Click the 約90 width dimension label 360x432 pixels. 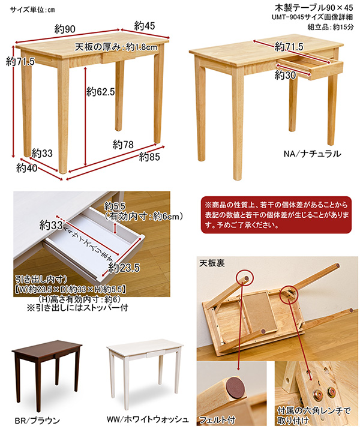tap(65, 29)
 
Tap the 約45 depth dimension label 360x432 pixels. tap(145, 26)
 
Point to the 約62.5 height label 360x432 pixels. tap(101, 91)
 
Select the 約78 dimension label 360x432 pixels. tap(123, 145)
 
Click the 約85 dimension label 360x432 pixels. tap(149, 157)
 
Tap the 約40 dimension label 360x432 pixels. tap(27, 167)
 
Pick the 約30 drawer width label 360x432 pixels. tap(286, 75)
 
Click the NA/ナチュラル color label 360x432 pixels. tap(313, 154)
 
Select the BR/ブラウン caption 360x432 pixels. tap(37, 421)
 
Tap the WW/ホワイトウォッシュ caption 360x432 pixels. tap(148, 419)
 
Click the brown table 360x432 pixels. tap(47, 374)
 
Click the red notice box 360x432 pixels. tap(276, 215)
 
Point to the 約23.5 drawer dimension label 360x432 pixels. tap(124, 268)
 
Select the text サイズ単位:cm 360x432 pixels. tap(32, 10)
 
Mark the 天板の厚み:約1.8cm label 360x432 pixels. tap(116, 47)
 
